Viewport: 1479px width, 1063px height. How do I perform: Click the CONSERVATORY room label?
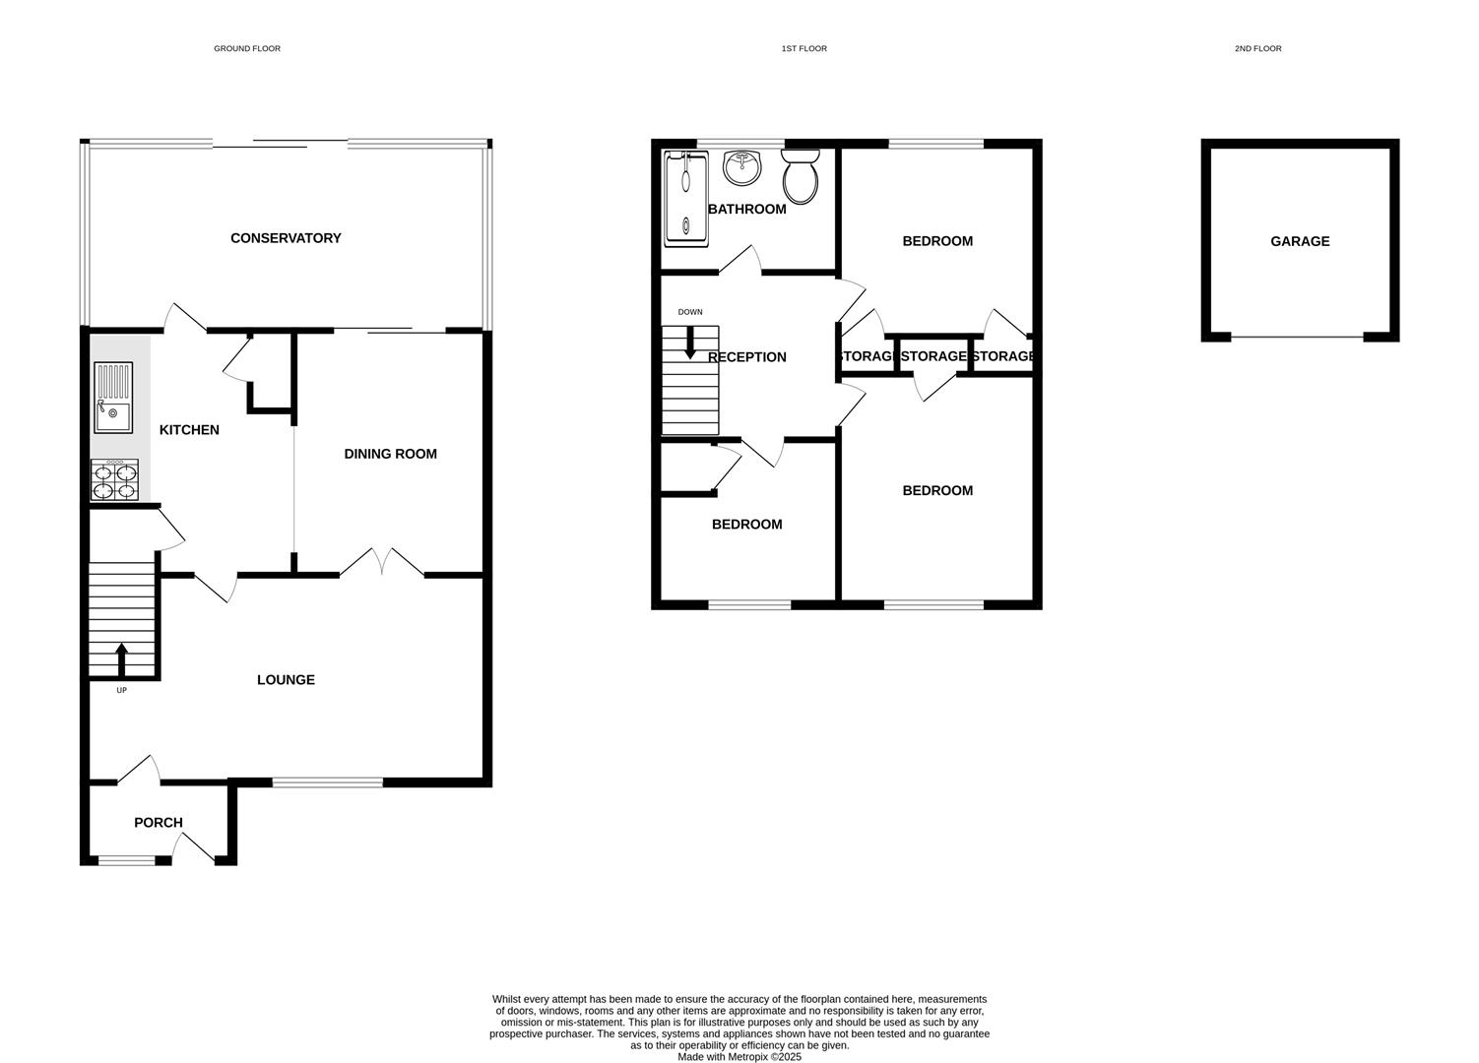pos(286,238)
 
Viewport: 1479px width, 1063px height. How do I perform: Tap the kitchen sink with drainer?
pos(112,398)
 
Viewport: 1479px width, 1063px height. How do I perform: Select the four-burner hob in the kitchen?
pos(114,480)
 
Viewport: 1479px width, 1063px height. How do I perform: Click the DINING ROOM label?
pos(390,454)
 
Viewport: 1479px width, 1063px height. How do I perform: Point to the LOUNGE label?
pos(286,680)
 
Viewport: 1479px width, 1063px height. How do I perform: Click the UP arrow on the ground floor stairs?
pos(122,657)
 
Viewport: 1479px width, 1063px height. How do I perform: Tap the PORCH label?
pos(159,823)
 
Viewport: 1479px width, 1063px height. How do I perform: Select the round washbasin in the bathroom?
pos(741,167)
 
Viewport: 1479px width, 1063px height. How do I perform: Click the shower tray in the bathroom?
pos(685,198)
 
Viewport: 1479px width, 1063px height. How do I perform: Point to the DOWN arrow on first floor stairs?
pos(690,342)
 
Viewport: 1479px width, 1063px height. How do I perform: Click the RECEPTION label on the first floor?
pos(747,357)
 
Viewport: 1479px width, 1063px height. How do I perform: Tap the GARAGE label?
pos(1300,241)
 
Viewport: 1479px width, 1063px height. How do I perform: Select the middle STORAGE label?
pos(933,356)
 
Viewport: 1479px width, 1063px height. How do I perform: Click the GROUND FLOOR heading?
pos(247,48)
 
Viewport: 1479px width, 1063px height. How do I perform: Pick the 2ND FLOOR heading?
pos(1257,48)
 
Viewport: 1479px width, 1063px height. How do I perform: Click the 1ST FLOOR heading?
pos(804,48)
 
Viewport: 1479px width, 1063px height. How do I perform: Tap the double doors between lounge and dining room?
pos(382,564)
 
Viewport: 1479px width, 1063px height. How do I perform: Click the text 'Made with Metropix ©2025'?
pos(739,1057)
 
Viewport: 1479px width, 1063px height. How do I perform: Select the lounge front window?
pos(327,782)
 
